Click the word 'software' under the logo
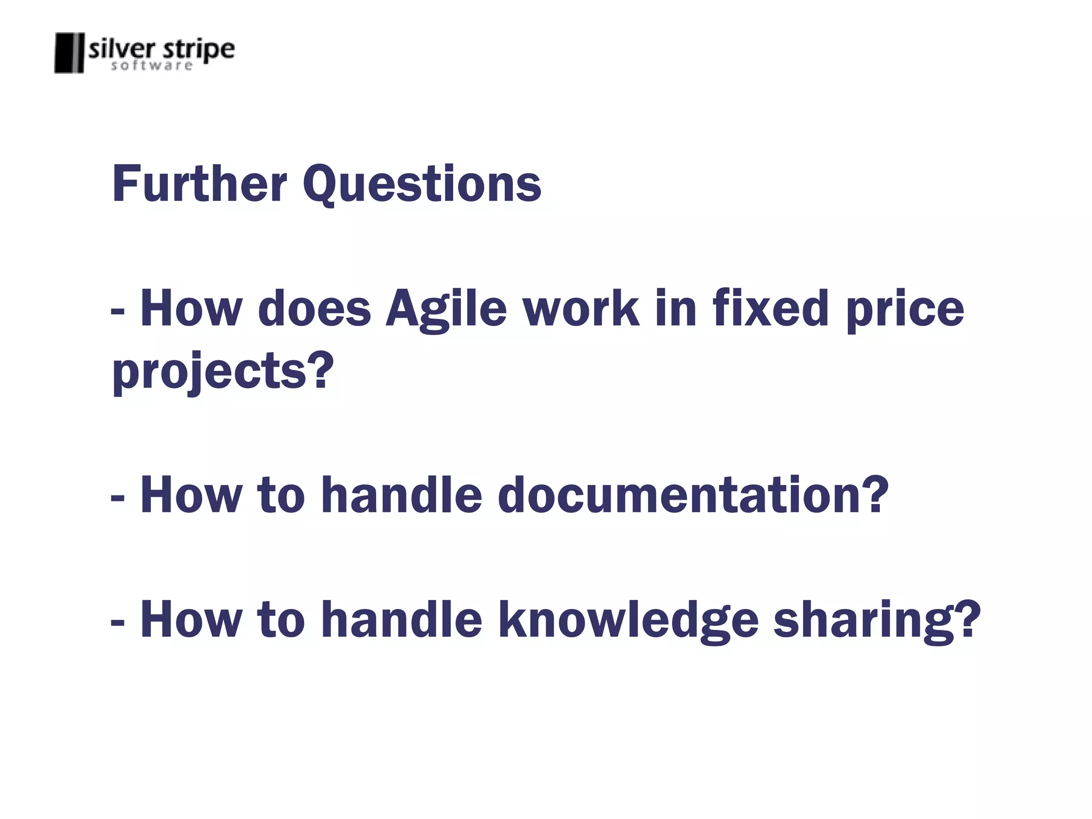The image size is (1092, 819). [151, 66]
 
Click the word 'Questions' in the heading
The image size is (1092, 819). [422, 184]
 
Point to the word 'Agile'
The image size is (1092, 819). [446, 309]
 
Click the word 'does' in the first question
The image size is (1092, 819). [314, 309]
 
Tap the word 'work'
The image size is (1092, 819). [581, 309]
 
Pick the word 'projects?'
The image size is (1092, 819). [223, 372]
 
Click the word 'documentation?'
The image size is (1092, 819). [693, 495]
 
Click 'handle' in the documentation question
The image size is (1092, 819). [402, 495]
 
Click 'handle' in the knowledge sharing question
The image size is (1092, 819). [402, 619]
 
